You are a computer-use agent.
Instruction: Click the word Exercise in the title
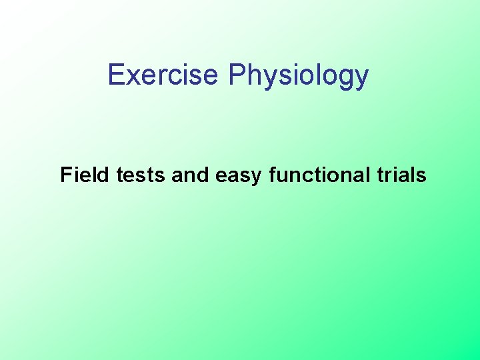coord(163,75)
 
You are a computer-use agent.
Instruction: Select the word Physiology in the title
coord(298,76)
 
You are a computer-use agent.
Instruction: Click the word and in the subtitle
coord(191,175)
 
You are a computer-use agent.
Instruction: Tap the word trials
coord(401,175)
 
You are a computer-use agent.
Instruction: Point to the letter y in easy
coord(255,179)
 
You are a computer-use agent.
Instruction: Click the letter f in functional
coord(273,175)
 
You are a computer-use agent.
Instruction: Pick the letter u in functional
coord(283,177)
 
